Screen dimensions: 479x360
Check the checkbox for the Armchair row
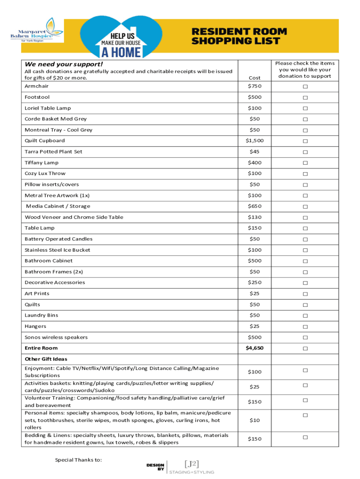305,87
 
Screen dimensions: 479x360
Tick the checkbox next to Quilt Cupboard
305,141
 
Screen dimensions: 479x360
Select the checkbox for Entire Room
305,348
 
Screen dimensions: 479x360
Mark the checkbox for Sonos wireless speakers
305,338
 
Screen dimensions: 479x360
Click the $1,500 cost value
255,141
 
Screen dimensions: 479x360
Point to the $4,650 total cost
255,348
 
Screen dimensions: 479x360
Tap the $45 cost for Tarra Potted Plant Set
255,152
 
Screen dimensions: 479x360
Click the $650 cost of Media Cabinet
255,206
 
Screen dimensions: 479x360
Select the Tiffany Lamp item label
42,163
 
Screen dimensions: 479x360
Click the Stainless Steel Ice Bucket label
58,250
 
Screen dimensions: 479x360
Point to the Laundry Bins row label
42,315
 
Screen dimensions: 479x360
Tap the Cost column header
255,78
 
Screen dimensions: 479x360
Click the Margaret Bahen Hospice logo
36,29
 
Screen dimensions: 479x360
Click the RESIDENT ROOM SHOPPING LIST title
239,36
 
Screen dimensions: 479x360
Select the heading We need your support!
57,64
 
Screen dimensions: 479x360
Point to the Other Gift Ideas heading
46,359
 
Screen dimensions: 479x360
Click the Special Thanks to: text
79,460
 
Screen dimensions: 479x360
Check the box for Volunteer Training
305,400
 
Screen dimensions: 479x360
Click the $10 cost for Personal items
255,421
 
